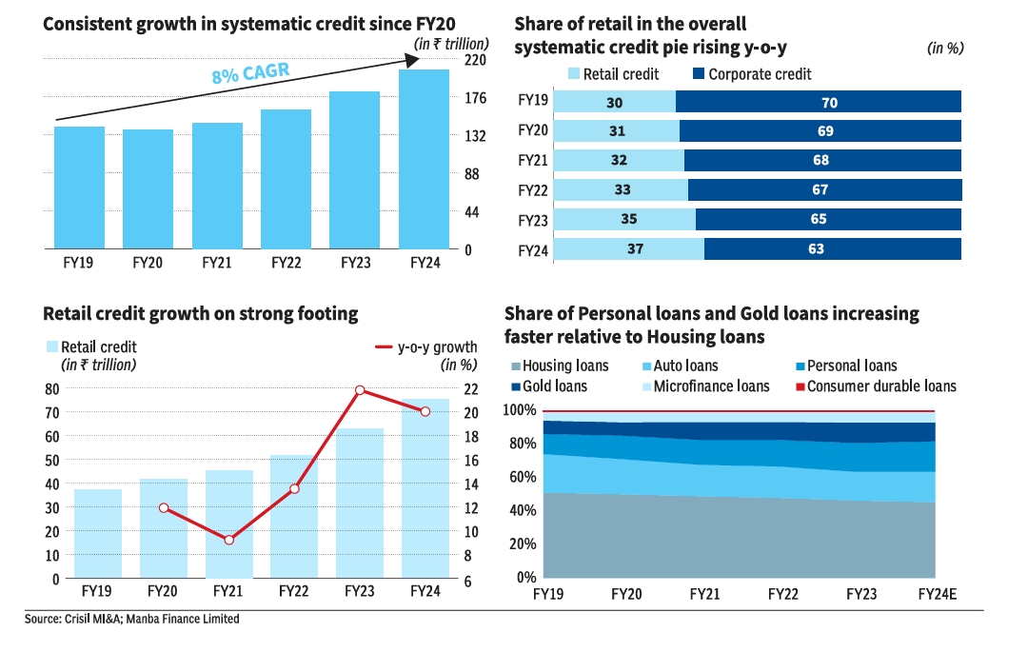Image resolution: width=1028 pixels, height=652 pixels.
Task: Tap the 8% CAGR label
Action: click(250, 73)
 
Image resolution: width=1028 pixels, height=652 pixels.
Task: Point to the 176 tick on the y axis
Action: click(475, 98)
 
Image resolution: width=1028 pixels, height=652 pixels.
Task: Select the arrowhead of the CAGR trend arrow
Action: click(411, 60)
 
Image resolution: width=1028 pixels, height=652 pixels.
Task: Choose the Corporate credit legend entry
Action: click(752, 74)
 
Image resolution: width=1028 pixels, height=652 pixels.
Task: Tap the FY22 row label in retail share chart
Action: click(532, 190)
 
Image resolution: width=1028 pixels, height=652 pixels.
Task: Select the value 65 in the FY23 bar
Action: click(828, 220)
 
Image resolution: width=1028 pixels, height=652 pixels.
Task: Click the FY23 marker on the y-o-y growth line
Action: click(360, 390)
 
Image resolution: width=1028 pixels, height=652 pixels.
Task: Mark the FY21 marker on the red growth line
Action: click(228, 540)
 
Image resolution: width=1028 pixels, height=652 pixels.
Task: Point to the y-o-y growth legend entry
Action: click(425, 347)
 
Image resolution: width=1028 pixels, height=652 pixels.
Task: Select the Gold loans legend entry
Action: click(548, 386)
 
